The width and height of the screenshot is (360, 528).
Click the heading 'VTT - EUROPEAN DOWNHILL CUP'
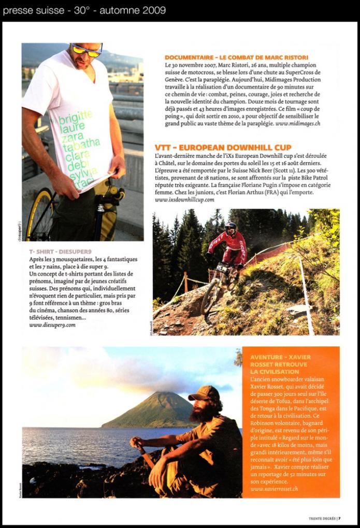[x=223, y=147]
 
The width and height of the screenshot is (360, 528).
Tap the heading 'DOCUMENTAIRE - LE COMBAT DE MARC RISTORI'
[x=236, y=57]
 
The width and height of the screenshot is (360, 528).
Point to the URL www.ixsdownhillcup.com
[x=185, y=199]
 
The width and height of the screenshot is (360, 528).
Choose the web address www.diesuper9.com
[x=52, y=325]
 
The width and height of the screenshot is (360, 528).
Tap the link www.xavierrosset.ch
[x=274, y=488]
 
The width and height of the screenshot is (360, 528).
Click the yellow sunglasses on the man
[x=87, y=51]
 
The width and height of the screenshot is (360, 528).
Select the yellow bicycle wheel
[x=39, y=215]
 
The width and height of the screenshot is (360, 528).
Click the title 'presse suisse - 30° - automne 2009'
[x=84, y=10]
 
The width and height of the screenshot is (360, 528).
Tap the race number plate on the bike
[x=222, y=268]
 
